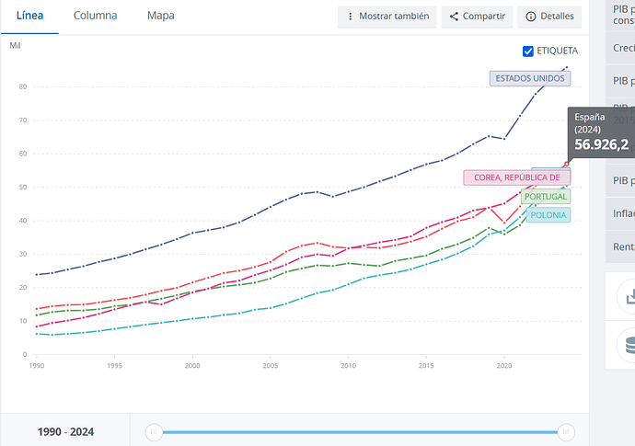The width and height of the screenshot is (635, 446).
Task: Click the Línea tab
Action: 29,16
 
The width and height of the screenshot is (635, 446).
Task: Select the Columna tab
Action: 95,16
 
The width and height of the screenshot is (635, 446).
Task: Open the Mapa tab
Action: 160,16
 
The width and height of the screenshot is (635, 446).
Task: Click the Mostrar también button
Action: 387,17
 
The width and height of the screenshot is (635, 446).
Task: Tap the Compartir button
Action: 477,17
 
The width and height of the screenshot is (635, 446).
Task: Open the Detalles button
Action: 548,17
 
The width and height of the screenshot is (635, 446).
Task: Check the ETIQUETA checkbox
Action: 527,51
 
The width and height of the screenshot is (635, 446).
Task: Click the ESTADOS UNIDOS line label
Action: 529,78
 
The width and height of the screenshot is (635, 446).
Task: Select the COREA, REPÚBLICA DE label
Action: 516,177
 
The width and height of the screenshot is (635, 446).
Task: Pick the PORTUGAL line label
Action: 545,196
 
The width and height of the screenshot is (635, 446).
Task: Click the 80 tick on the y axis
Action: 23,87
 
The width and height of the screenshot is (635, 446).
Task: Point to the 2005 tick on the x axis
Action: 271,365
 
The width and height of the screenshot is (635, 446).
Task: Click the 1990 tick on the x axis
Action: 37,365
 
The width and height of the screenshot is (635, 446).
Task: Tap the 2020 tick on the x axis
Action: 503,365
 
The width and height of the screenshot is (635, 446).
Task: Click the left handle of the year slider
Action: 155,431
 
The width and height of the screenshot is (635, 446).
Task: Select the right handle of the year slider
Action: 567,431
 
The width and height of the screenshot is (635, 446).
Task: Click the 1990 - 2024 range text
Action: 65,431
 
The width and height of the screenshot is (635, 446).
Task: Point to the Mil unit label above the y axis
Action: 15,45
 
